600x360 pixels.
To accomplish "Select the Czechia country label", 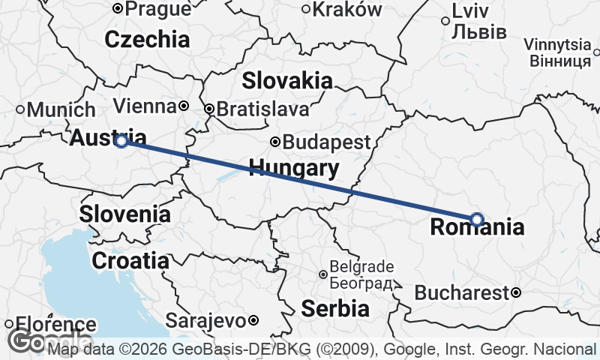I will (x=147, y=39).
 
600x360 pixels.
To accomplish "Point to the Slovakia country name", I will (x=287, y=80).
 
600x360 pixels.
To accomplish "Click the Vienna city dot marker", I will (x=182, y=106).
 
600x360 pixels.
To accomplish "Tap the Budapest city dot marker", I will (x=275, y=142).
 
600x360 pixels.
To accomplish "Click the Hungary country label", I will (x=293, y=167).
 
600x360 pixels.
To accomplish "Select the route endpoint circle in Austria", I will (x=121, y=141).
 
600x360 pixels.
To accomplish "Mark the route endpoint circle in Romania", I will (x=477, y=219).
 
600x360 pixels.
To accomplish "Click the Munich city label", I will (x=60, y=110).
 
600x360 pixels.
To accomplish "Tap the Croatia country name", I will (x=130, y=260).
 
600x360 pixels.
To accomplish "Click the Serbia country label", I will (x=335, y=307).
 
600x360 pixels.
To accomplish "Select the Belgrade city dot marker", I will (x=323, y=274).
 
